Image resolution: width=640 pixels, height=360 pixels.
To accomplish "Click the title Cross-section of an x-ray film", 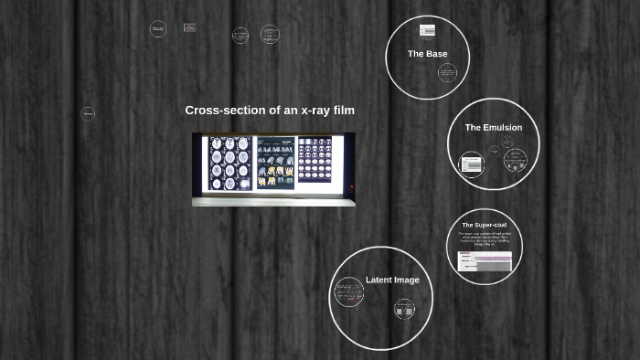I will click(270, 111).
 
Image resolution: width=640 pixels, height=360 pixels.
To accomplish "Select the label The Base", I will click(427, 54).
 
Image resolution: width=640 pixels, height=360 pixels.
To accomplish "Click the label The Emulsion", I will click(493, 128).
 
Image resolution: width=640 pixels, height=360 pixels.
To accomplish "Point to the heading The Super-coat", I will click(484, 225).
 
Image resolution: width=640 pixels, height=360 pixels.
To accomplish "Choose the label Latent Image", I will click(392, 280).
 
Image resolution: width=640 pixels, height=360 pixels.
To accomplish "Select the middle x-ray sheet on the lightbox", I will click(275, 163).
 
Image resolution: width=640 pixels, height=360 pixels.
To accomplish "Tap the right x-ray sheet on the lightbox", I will click(315, 161).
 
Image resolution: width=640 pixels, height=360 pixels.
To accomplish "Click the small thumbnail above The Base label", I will click(427, 31).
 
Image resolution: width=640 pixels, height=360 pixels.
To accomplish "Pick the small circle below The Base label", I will click(446, 73).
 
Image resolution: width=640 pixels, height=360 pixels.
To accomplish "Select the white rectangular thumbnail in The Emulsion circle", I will click(471, 164).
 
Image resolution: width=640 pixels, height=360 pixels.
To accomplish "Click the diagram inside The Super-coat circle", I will click(485, 262).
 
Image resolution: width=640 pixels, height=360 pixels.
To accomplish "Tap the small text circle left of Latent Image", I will click(348, 293).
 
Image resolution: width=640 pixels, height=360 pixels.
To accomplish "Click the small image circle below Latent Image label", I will click(404, 309).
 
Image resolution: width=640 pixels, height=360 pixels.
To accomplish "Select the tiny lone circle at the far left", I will click(88, 114).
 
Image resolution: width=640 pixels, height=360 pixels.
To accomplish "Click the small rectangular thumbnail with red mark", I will click(189, 28).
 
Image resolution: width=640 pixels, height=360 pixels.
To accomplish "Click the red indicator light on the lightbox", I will click(352, 188).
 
